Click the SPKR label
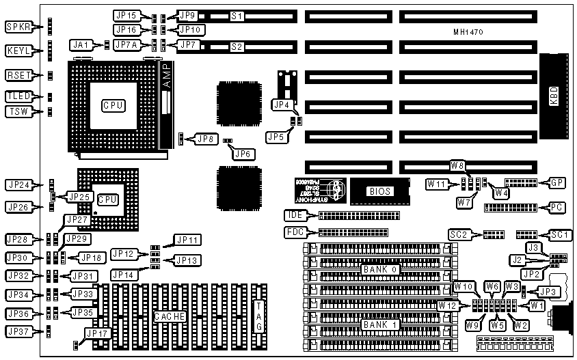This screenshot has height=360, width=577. click(19, 27)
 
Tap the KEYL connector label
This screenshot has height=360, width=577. click(19, 51)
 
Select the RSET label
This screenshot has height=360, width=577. click(19, 75)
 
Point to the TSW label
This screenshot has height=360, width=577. click(19, 111)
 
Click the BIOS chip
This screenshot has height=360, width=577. click(379, 192)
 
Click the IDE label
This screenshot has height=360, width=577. click(294, 215)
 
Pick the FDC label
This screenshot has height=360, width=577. click(294, 232)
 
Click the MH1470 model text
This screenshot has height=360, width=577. click(468, 32)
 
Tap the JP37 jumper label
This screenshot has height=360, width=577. click(19, 333)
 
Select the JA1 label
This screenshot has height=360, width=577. click(81, 45)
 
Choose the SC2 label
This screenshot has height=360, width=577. click(458, 234)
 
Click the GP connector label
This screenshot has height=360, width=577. click(558, 183)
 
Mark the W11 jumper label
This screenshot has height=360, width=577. click(435, 184)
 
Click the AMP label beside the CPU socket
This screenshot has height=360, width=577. click(168, 79)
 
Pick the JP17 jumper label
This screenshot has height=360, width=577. click(95, 334)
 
